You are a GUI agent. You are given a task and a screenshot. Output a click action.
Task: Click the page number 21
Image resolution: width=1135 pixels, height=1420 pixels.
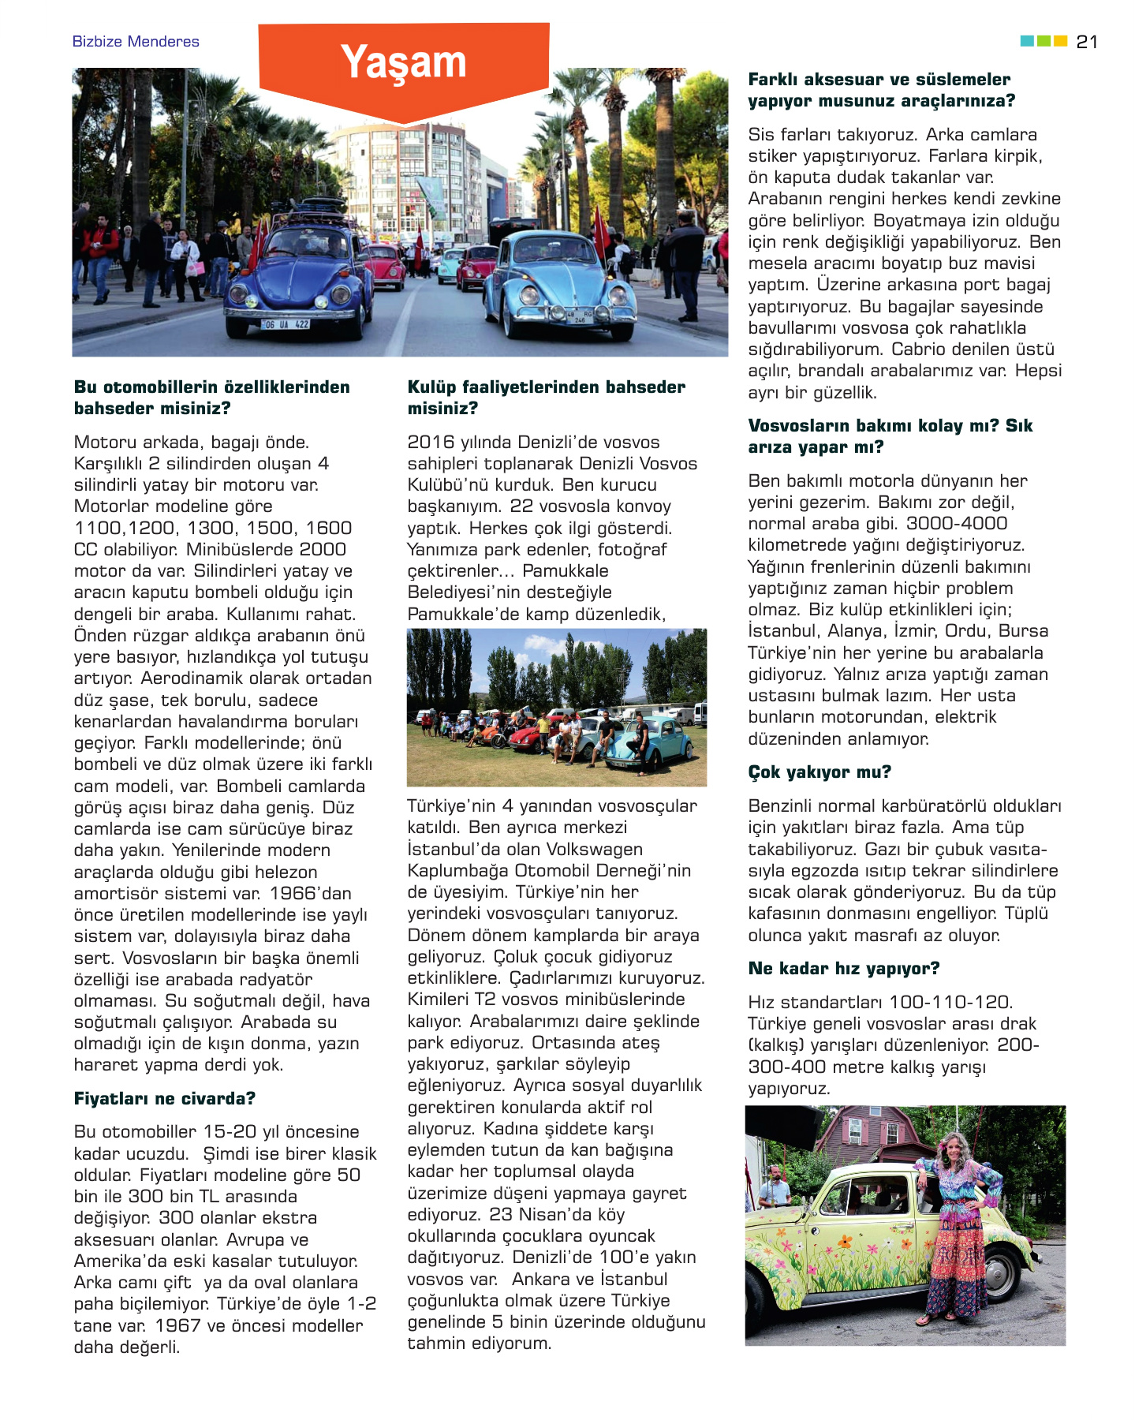pyautogui.click(x=1086, y=42)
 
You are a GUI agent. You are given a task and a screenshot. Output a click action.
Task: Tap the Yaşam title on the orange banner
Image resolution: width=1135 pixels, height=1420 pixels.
pyautogui.click(x=403, y=62)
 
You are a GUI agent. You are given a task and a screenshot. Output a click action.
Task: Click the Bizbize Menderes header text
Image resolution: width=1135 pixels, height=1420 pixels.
pyautogui.click(x=136, y=42)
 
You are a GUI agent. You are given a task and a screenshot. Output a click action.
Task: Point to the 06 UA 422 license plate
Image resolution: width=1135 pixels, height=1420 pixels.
pyautogui.click(x=286, y=324)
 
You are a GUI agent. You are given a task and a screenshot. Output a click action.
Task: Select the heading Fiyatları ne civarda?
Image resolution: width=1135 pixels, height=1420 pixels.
pyautogui.click(x=164, y=1098)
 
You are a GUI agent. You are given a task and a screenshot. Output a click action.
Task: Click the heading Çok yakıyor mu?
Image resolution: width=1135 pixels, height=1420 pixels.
pyautogui.click(x=819, y=772)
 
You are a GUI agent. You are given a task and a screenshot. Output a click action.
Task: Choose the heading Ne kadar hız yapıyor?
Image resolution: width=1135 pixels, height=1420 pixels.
pyautogui.click(x=843, y=968)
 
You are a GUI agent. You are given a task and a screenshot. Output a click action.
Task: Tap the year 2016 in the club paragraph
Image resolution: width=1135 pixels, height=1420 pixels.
pyautogui.click(x=431, y=443)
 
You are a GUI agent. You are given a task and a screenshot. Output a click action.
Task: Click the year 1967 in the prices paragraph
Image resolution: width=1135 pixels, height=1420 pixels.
pyautogui.click(x=179, y=1326)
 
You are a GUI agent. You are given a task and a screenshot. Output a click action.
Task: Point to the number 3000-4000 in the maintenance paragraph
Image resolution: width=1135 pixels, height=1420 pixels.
pyautogui.click(x=957, y=524)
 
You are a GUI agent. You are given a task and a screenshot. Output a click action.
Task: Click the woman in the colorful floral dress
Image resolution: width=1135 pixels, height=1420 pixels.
pyautogui.click(x=961, y=1231)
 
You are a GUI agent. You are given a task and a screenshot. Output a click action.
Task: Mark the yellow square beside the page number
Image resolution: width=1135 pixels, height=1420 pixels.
pyautogui.click(x=1061, y=41)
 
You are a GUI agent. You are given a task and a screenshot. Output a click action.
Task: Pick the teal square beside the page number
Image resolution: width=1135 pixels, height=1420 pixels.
pyautogui.click(x=1027, y=41)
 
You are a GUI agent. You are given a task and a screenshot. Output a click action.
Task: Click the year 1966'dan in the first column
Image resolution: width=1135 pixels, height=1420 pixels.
pyautogui.click(x=311, y=894)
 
